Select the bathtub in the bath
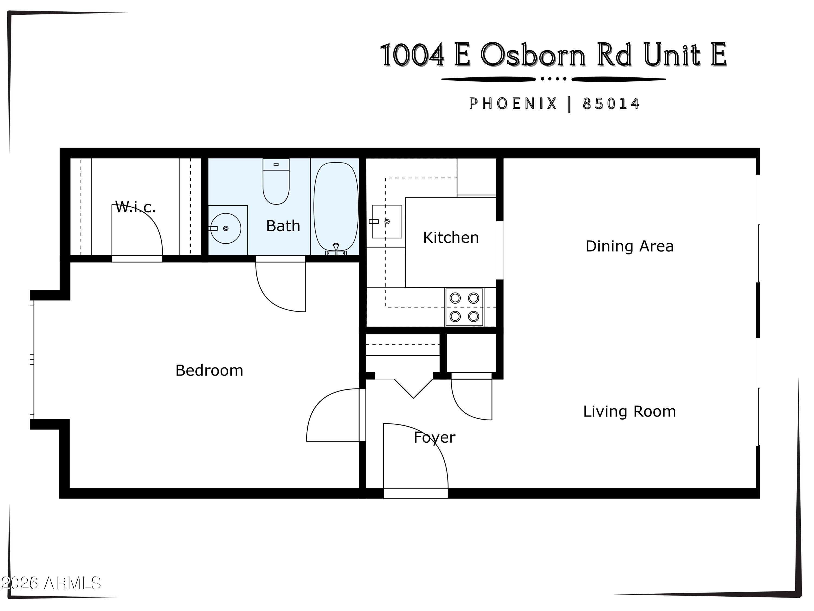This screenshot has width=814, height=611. (336, 206)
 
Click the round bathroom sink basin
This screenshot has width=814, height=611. (225, 228)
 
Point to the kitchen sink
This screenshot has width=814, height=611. (387, 222)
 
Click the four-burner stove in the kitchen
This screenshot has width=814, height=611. (465, 307)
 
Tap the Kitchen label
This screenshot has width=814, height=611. (451, 238)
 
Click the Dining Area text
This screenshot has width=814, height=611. (629, 246)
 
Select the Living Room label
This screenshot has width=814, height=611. (629, 411)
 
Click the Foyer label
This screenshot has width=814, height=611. (434, 437)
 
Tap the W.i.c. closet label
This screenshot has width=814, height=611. (135, 207)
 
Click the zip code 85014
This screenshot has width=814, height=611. (611, 104)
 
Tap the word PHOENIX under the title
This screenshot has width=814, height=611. (513, 104)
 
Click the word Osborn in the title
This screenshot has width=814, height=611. (533, 55)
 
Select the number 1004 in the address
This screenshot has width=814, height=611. (412, 55)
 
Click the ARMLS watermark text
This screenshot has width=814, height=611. (72, 583)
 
